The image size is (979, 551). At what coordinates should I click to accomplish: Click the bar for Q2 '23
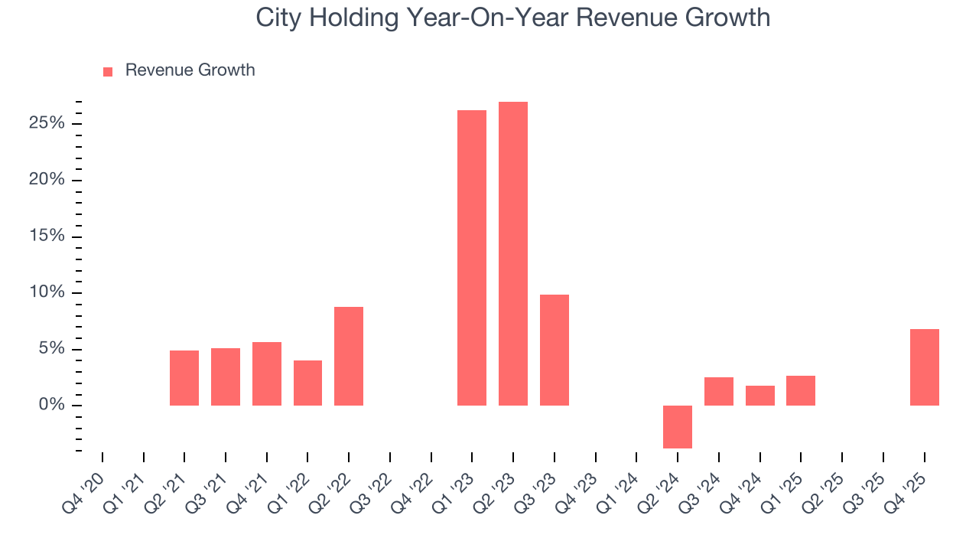(512, 253)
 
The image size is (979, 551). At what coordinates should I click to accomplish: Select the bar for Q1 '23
(472, 258)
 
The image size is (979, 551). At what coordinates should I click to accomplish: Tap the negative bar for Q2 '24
(678, 426)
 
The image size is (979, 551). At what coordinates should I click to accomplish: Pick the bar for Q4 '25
(924, 367)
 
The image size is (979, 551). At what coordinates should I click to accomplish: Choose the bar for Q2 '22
(349, 356)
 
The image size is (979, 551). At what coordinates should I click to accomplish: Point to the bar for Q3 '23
(554, 350)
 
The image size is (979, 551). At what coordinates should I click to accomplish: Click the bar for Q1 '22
(307, 383)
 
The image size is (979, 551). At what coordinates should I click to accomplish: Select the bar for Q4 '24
(759, 396)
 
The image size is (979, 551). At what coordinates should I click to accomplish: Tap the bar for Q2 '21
(184, 378)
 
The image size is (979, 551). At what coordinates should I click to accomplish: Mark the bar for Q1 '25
(801, 390)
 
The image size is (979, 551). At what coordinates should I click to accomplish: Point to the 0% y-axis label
(55, 406)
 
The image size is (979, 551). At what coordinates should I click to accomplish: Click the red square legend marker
(108, 71)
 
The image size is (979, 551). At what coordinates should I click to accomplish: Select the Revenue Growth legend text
(190, 70)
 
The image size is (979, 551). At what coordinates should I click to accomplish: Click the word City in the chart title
(274, 18)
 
